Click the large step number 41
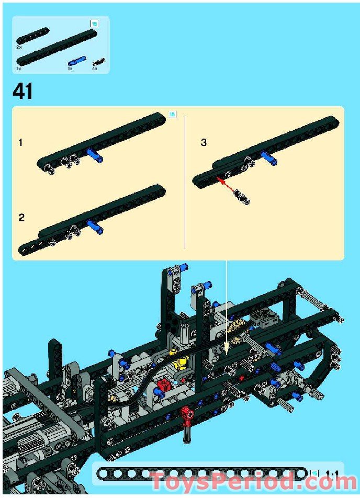[23, 92]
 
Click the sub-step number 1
[20, 142]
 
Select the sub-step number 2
[21, 218]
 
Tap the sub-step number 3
[204, 142]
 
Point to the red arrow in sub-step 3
[224, 185]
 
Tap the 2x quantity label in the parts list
[19, 47]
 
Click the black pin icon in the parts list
[98, 62]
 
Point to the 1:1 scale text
[332, 474]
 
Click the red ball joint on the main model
[187, 416]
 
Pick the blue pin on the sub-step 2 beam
[94, 226]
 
